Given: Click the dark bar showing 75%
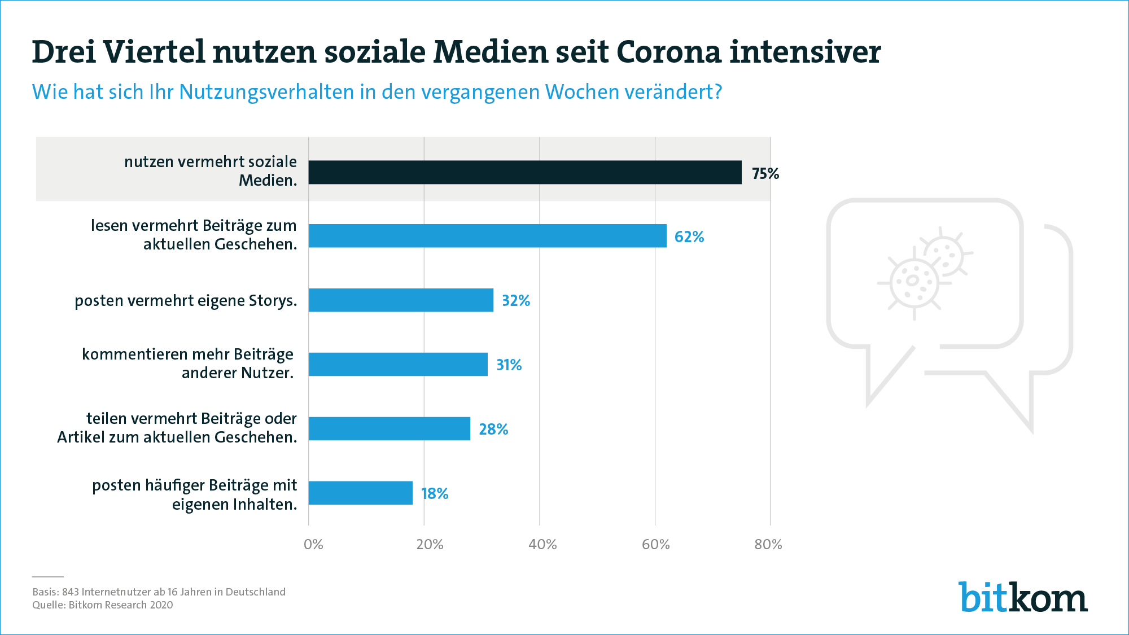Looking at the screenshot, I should [525, 172].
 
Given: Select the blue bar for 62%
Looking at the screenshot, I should [487, 236].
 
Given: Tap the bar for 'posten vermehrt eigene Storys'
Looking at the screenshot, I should [401, 300].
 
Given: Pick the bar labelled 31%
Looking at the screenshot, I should [398, 365].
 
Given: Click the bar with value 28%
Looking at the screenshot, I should [390, 429].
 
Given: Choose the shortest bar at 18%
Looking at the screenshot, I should [361, 493].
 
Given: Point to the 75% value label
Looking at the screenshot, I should [765, 173].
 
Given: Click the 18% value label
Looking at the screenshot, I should [435, 494].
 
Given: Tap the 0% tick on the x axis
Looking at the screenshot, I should [313, 545].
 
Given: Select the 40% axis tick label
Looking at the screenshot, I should [542, 545].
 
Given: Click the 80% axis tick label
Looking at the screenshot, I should [768, 545].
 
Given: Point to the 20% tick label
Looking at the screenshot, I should [430, 545].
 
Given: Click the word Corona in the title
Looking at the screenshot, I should [669, 52].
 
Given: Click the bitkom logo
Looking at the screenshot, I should [1023, 597].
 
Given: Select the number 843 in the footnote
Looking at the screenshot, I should [71, 592].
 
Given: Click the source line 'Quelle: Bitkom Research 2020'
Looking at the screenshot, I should [103, 605].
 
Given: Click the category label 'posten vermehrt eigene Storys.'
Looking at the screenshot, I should [186, 301].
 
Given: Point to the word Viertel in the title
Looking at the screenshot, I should [154, 52].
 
